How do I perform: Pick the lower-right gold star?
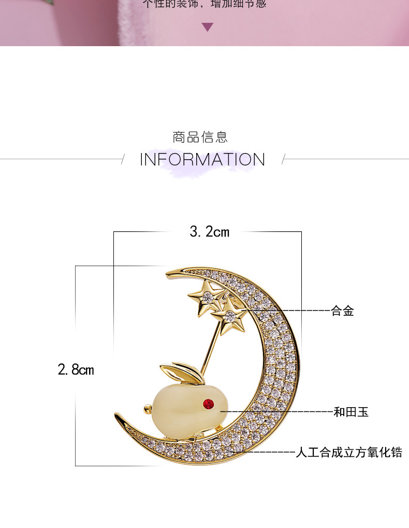click(230, 315)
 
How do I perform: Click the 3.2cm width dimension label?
click(209, 232)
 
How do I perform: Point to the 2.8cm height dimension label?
click(76, 370)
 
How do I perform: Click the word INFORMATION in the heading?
click(202, 159)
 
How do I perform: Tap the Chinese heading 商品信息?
click(200, 137)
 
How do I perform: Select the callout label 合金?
click(342, 311)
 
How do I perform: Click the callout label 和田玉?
click(350, 412)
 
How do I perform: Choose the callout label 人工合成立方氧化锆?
click(348, 452)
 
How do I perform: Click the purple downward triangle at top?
click(208, 27)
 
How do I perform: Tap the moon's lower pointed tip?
click(117, 416)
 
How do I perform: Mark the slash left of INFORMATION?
click(123, 159)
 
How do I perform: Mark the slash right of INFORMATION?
click(283, 159)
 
